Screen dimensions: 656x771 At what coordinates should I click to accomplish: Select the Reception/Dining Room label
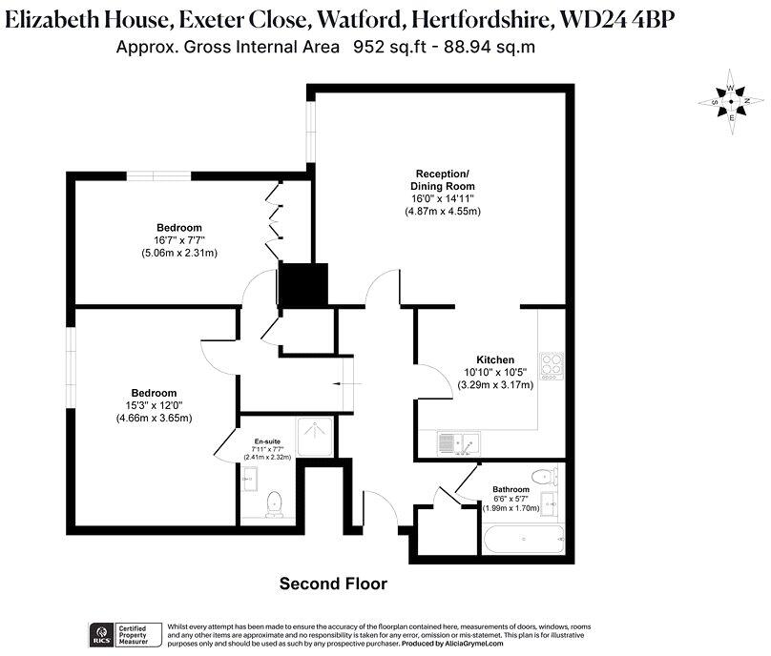441,179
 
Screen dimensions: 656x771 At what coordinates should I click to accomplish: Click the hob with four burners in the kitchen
552,364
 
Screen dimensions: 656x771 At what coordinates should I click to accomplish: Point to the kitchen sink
461,442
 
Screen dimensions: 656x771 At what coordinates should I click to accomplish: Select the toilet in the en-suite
275,503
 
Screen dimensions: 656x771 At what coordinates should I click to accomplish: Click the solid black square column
302,285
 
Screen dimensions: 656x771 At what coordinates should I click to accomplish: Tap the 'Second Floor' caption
332,583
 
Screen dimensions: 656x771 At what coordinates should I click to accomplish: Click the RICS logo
98,633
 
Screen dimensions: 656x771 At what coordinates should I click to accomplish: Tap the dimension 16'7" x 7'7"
179,241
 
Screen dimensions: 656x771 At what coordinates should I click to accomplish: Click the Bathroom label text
511,489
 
